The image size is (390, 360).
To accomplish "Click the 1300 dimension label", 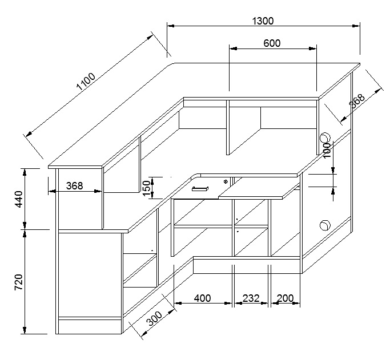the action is [263, 21].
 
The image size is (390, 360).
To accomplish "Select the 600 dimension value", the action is [272, 43].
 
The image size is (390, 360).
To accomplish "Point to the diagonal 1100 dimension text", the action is [86, 82].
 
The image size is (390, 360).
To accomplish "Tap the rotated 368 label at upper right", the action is [357, 100].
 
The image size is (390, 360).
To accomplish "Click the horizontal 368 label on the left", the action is [75, 185].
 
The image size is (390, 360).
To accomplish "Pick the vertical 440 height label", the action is [19, 199].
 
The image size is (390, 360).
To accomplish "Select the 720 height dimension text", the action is [19, 282].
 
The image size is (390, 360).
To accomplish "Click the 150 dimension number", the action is [147, 188].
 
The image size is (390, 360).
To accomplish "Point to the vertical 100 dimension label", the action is [327, 150].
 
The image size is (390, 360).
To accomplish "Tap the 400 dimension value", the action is [203, 298].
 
